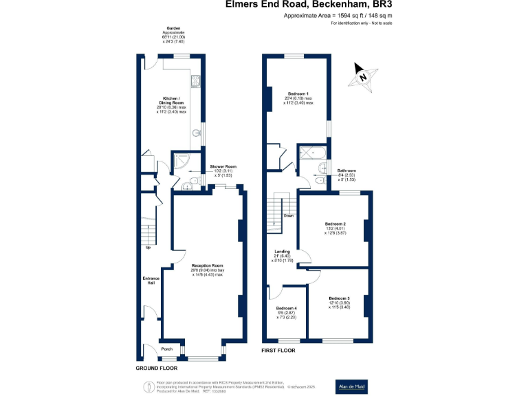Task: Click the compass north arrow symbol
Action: point(364,76)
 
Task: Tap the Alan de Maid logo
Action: point(351,386)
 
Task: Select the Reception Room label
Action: point(207,265)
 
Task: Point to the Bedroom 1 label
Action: point(298,93)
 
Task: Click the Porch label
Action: point(166,349)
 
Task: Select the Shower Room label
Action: point(223,166)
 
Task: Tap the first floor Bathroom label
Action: point(346,170)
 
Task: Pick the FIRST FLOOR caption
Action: point(278,351)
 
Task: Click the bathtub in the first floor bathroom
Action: point(313,153)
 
